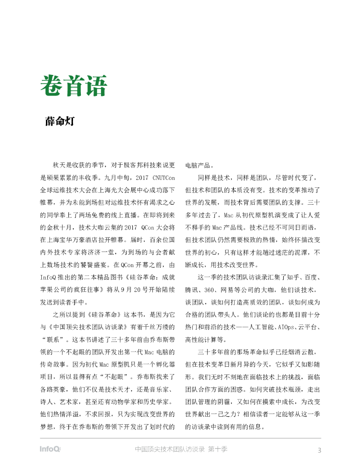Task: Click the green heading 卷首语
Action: click(74, 86)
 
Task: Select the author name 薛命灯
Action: click(60, 122)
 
